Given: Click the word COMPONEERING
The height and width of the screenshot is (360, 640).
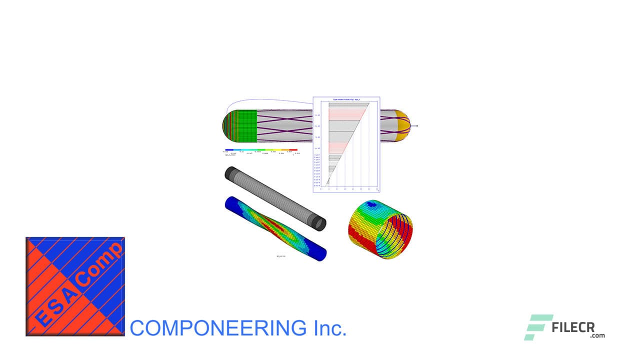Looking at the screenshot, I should point(217,328).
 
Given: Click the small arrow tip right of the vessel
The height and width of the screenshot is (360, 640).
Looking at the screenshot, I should point(417,126).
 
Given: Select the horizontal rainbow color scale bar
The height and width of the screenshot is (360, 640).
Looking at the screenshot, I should point(261,149).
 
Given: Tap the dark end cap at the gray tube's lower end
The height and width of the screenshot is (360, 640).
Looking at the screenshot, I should point(318,223).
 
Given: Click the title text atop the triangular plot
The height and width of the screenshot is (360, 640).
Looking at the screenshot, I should point(346,100).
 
